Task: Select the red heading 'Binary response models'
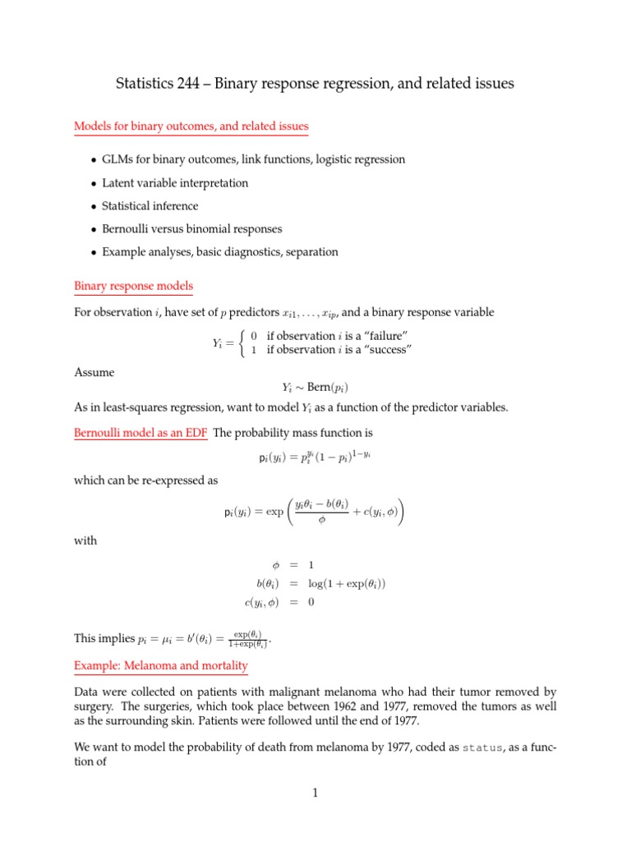pos(133,287)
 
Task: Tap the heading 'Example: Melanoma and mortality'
pos(161,664)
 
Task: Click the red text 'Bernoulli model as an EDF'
pos(140,433)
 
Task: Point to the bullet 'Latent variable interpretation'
pos(174,183)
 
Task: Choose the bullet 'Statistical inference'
pos(150,206)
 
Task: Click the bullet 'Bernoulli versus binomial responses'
pos(191,229)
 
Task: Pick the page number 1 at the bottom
pos(315,793)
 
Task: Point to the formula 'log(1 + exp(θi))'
pos(347,584)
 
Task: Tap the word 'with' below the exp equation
pos(85,541)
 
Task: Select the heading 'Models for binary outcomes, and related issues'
pos(191,126)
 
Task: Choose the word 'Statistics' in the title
pos(141,83)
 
